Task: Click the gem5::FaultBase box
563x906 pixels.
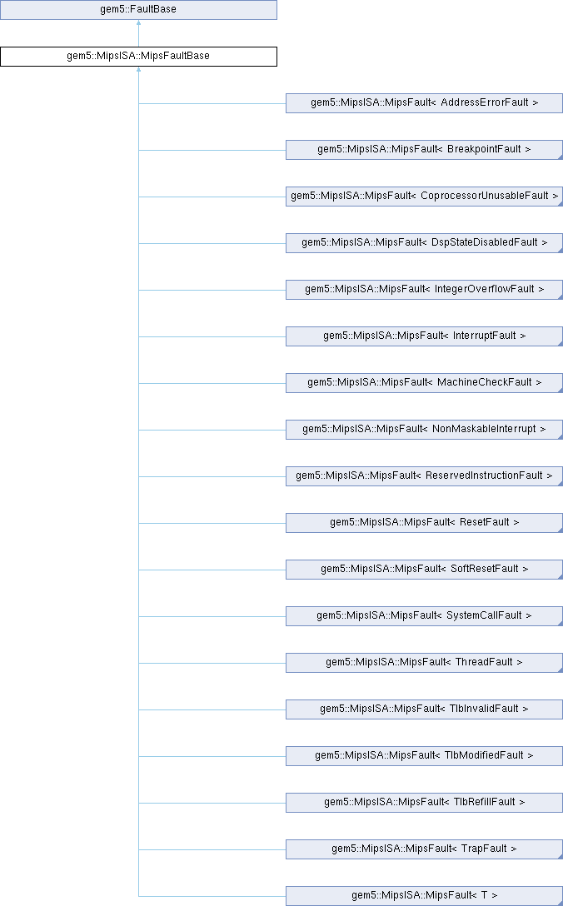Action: [x=138, y=10]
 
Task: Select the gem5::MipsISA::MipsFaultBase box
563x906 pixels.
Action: [x=138, y=57]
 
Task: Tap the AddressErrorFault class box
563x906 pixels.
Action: [x=424, y=103]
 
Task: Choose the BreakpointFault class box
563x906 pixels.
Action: [x=424, y=150]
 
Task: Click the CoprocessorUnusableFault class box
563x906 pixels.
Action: [x=424, y=197]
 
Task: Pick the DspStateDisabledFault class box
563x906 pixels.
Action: [x=424, y=243]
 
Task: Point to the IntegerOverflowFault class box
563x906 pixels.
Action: [x=424, y=290]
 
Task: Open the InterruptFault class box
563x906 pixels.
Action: [x=424, y=336]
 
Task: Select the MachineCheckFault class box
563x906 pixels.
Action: [x=424, y=383]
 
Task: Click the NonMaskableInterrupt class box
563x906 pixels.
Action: [x=424, y=430]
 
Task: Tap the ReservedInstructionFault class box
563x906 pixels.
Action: [x=424, y=476]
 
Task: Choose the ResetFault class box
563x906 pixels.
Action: [x=424, y=523]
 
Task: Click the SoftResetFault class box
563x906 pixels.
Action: [x=424, y=570]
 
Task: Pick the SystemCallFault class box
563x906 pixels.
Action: [x=424, y=616]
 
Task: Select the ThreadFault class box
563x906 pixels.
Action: [x=424, y=663]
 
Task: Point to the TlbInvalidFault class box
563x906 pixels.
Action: [x=424, y=709]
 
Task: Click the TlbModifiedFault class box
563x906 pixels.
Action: [x=424, y=756]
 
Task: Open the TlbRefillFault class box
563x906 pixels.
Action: [x=424, y=803]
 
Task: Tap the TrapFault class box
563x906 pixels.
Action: [x=424, y=849]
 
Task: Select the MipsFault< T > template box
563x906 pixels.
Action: [x=424, y=896]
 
